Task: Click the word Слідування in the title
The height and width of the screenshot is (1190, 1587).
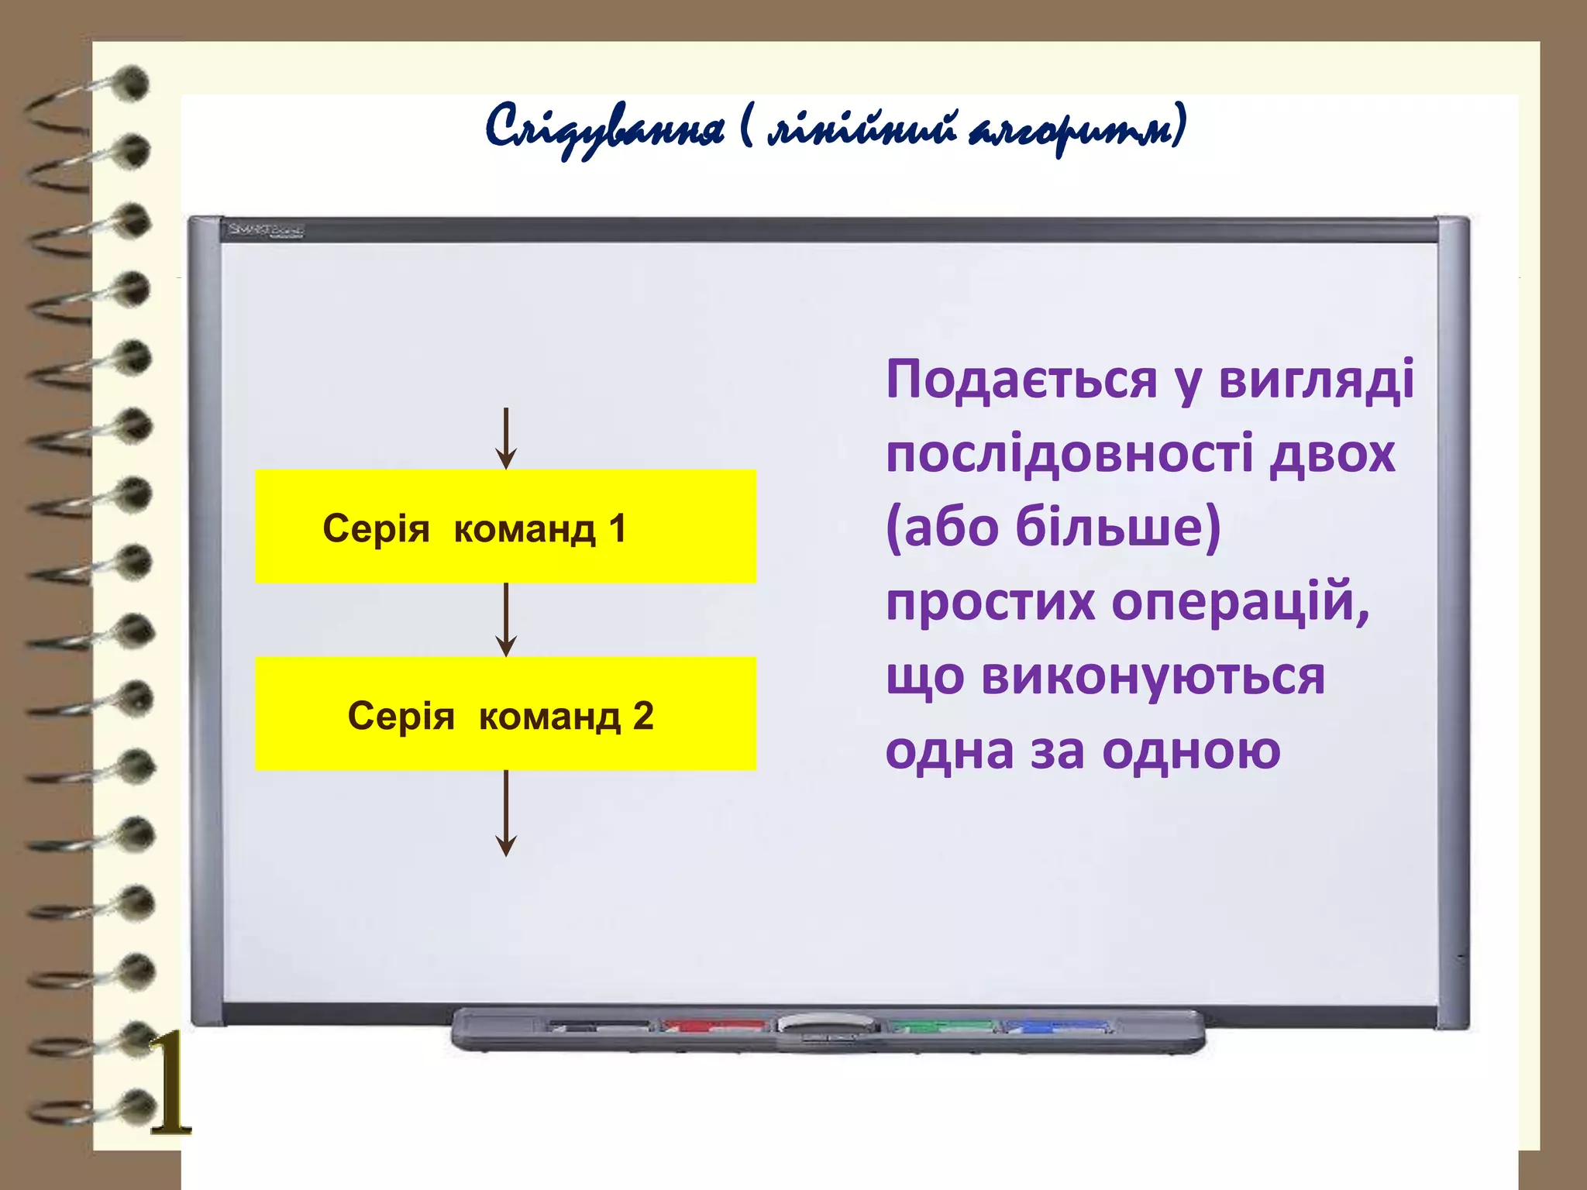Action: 604,128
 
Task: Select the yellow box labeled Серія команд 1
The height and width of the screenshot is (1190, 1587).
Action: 505,526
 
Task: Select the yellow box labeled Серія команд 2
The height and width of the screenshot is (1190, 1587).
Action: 505,714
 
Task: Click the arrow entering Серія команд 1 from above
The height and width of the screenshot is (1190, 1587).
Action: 506,439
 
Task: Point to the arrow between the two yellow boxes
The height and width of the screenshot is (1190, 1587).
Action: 506,620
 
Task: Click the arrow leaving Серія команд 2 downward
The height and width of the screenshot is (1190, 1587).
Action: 506,813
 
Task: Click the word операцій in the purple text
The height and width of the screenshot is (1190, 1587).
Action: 1240,602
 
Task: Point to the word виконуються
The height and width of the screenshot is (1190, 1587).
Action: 1153,676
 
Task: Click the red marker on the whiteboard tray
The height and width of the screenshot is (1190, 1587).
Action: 713,1026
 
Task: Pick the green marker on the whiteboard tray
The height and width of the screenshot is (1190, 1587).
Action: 942,1026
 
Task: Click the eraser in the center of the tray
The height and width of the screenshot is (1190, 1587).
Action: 828,1027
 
